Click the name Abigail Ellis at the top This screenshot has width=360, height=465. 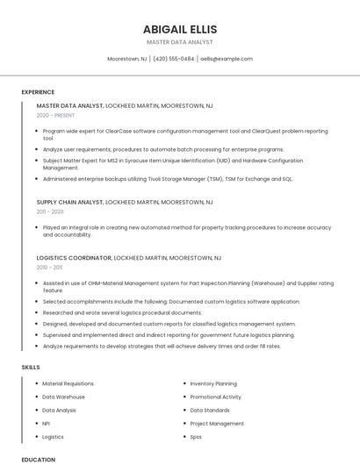tap(179, 28)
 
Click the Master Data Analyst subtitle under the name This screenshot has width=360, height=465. tap(179, 41)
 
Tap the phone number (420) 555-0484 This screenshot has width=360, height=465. tap(174, 59)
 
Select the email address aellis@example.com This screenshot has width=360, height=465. tap(227, 59)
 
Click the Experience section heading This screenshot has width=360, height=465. tap(38, 92)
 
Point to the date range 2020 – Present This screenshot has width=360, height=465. tap(55, 115)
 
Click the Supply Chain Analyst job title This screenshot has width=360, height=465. tap(70, 202)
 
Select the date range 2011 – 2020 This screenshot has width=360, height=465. tap(50, 211)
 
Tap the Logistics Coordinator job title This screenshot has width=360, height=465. tap(75, 258)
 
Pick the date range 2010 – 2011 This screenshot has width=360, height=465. tap(49, 268)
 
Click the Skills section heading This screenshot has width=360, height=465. tap(30, 367)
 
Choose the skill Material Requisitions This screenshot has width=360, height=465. tap(68, 383)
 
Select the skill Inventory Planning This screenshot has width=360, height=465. tap(213, 383)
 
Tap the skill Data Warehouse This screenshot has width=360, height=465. tap(64, 397)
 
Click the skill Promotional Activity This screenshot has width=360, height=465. tap(216, 397)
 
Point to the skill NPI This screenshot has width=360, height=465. tap(46, 423)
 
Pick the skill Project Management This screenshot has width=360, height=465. tap(217, 423)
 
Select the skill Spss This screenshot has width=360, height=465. tap(196, 436)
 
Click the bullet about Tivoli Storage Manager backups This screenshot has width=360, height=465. tap(168, 178)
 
